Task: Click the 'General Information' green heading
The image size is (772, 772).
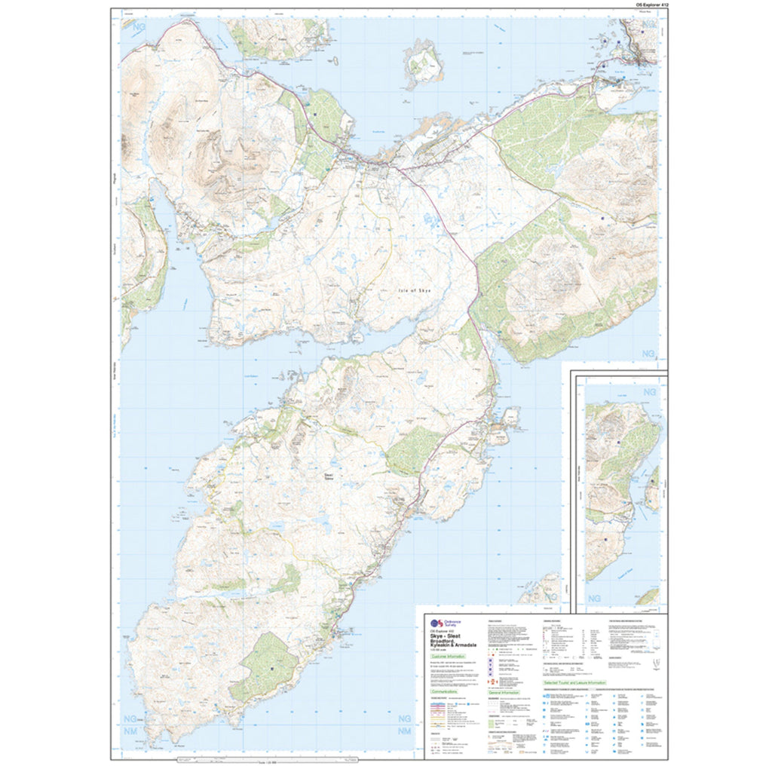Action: pos(504,691)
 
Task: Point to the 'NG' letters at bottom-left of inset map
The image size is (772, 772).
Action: pos(594,598)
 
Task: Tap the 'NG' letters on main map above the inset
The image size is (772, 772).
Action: pos(648,354)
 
